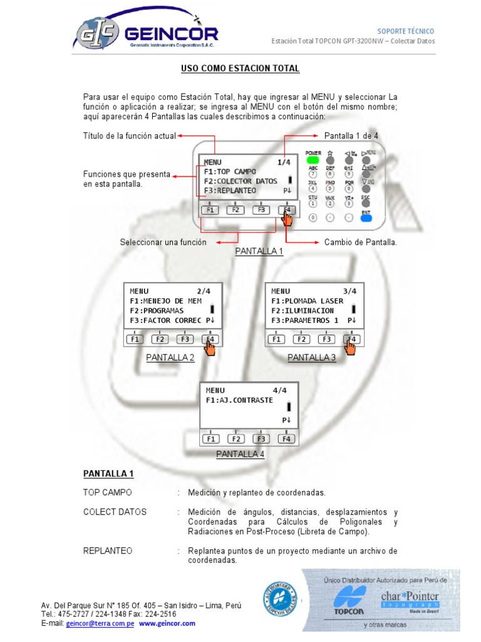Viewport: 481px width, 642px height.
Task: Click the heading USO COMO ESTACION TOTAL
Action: [240, 68]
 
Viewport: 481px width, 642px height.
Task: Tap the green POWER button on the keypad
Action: [313, 160]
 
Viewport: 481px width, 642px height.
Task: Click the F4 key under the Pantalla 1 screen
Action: [286, 210]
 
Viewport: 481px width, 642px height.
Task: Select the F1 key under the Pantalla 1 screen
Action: [210, 210]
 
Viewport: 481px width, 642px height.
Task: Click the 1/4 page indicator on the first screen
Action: [284, 162]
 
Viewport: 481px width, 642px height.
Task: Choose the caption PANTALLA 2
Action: [170, 358]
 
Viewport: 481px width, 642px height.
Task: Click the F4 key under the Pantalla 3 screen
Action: [352, 339]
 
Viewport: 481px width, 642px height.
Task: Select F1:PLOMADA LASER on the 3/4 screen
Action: [307, 301]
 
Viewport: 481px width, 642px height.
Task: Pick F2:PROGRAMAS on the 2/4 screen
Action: [157, 310]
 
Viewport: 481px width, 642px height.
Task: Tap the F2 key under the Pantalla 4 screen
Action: [235, 439]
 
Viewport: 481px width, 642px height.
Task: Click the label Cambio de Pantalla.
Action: [360, 242]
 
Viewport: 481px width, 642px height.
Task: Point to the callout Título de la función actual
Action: [129, 135]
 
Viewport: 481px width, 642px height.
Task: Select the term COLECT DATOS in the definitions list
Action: [115, 512]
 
